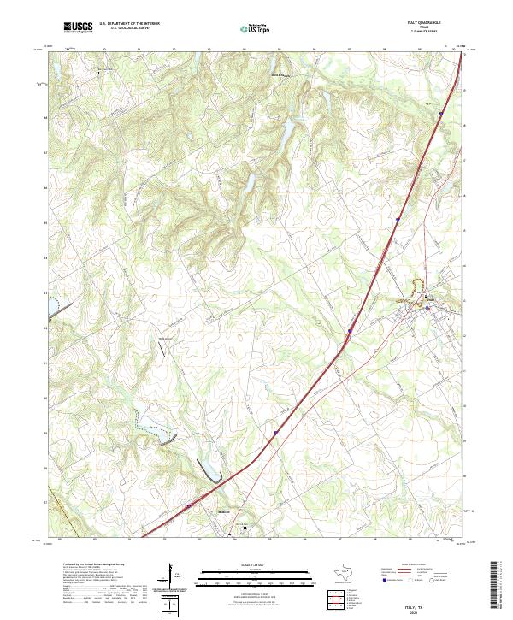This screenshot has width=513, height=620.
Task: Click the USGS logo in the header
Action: (78, 27)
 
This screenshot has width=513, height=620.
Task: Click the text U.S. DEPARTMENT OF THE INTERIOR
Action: (129, 23)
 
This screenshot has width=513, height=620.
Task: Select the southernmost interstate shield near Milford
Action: (190, 505)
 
